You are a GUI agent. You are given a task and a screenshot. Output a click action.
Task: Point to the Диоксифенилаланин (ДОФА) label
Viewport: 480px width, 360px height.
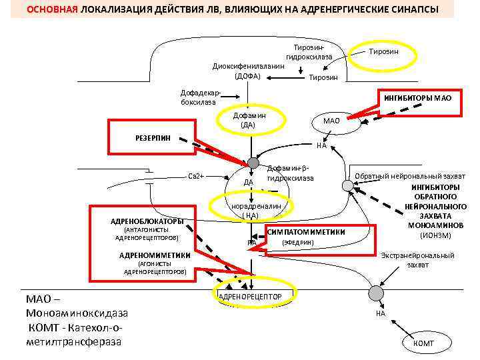tap(247, 71)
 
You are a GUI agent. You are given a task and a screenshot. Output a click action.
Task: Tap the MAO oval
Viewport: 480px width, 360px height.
tap(331, 121)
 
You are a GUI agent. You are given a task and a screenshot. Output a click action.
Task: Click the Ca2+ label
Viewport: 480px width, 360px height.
tap(195, 176)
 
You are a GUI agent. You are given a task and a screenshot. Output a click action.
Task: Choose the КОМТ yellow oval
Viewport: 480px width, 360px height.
tap(423, 343)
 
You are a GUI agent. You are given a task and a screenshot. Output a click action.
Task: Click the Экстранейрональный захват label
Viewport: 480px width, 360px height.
tap(418, 260)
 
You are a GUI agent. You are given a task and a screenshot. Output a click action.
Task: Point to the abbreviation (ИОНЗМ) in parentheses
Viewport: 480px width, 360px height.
tap(435, 235)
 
